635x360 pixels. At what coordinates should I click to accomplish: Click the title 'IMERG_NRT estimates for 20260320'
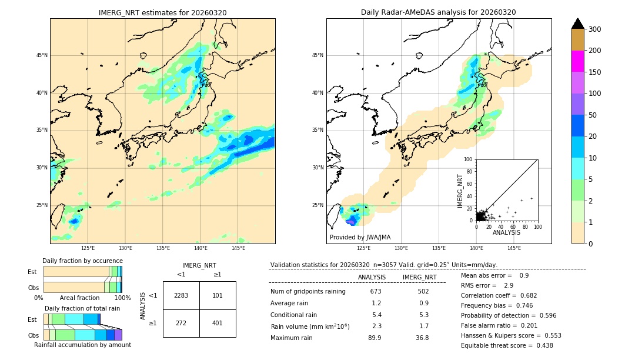click(162, 12)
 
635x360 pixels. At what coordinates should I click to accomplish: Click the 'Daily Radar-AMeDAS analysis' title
click(439, 12)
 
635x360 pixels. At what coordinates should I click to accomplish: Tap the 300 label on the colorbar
click(594, 29)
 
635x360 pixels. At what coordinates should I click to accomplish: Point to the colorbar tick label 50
click(593, 115)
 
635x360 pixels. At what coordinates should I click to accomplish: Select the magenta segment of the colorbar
click(577, 61)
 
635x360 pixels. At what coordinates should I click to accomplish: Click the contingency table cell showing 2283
click(181, 295)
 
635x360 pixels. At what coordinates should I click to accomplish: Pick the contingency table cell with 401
click(218, 323)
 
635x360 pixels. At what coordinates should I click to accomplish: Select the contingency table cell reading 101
click(218, 295)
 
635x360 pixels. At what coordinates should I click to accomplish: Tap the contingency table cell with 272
click(181, 323)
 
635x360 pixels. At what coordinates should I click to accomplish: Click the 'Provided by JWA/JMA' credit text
click(360, 238)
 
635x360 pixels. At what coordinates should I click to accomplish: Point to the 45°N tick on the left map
click(42, 55)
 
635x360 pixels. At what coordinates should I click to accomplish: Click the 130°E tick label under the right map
click(401, 248)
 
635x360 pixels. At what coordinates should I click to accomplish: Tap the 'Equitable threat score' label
click(497, 345)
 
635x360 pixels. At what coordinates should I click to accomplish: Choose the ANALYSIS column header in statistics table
click(372, 277)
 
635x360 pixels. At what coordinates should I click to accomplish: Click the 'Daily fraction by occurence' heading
click(82, 261)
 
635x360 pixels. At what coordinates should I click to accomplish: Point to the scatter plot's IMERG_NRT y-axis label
click(461, 189)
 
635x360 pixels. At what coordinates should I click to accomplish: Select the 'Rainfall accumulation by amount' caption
click(82, 345)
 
